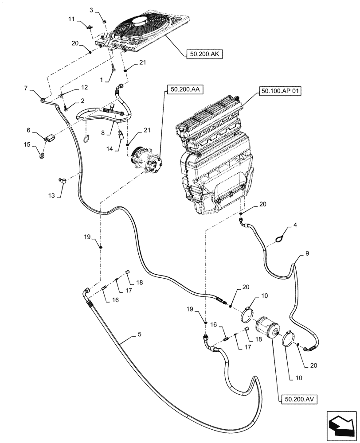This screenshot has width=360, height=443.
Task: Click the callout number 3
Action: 91,10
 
